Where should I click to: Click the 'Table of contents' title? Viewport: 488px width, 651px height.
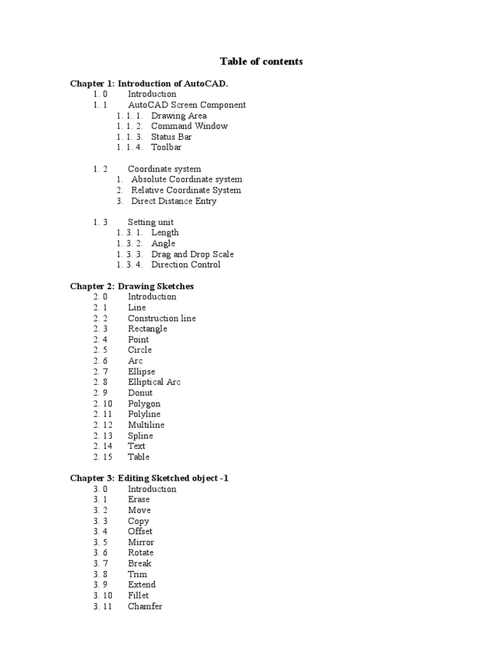(x=261, y=62)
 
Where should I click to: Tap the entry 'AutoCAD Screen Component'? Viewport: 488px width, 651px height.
(x=187, y=105)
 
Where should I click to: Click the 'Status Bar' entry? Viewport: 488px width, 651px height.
(x=172, y=137)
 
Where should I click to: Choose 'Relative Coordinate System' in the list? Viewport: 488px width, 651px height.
(x=186, y=190)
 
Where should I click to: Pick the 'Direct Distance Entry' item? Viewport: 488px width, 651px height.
(x=173, y=201)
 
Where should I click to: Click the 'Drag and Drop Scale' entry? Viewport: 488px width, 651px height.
(x=193, y=254)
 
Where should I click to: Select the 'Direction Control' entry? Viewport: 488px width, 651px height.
(x=186, y=264)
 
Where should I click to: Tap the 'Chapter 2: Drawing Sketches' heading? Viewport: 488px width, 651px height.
(x=132, y=286)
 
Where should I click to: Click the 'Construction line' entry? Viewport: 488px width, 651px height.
(x=161, y=319)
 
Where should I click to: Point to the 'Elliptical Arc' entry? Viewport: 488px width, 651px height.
(x=154, y=382)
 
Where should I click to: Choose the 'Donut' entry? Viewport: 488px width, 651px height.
(x=140, y=393)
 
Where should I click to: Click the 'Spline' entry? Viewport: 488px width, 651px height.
(x=140, y=435)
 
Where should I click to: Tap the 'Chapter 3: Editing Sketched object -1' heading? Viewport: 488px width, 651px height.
(x=149, y=478)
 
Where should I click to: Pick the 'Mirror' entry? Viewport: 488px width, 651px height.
(x=140, y=542)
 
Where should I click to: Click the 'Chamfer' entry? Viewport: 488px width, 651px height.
(x=145, y=606)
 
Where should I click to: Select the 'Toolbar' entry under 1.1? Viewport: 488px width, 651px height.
(x=166, y=147)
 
